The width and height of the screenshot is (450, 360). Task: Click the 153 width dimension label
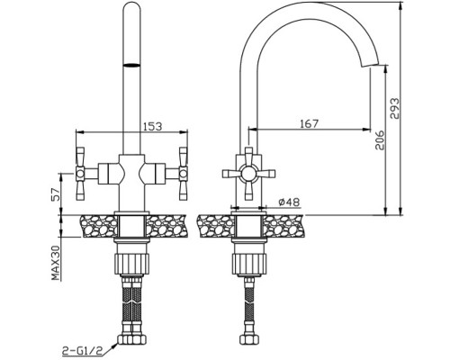152,126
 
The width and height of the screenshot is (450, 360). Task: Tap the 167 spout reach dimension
309,123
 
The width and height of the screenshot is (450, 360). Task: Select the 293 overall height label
395,108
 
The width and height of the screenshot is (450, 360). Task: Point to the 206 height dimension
380,139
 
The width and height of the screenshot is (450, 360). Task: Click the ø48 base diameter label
289,202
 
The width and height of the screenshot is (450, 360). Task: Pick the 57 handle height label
56,194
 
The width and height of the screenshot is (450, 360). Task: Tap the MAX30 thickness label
56,263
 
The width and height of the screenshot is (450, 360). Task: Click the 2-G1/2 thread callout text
82,350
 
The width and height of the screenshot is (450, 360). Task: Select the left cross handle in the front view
80,174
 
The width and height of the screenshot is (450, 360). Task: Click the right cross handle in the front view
183,174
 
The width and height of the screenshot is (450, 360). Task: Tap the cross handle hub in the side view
248,174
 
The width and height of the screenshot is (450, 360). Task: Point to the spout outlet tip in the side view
370,66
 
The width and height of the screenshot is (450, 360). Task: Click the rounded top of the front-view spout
131,6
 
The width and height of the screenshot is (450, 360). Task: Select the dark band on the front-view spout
131,65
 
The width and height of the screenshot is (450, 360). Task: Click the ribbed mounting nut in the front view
131,264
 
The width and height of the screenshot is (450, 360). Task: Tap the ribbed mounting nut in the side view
248,264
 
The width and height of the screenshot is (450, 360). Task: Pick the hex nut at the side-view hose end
248,339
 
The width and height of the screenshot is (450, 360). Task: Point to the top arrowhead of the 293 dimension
400,5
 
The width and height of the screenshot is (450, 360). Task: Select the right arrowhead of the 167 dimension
366,130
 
